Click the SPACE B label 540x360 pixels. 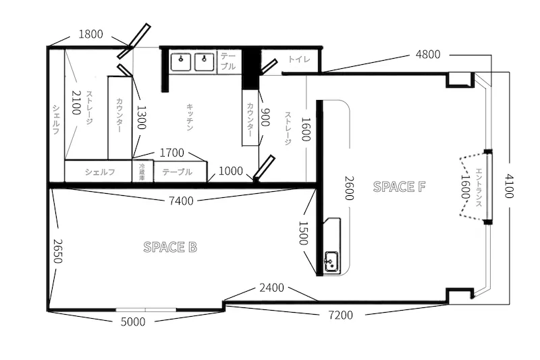click(x=170, y=247)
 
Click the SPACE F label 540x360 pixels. click(x=399, y=186)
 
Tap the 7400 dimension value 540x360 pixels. click(x=181, y=201)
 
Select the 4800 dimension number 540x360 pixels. click(x=428, y=54)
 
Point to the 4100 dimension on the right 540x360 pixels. click(x=509, y=186)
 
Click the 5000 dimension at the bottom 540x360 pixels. click(x=133, y=322)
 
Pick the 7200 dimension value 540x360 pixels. click(x=340, y=315)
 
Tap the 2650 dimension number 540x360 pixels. click(x=57, y=251)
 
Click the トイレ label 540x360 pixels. click(x=299, y=59)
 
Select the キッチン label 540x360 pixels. click(x=190, y=117)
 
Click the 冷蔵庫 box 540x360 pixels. click(x=142, y=171)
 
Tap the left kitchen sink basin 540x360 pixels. click(x=181, y=62)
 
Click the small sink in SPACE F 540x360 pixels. click(x=331, y=261)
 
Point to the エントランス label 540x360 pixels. click(x=479, y=187)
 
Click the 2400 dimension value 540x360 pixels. click(x=272, y=287)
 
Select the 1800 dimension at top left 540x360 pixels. click(x=90, y=34)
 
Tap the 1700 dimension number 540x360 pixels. click(x=172, y=152)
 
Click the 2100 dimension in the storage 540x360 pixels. click(x=76, y=102)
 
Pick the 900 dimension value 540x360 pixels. click(x=265, y=117)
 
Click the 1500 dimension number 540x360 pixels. click(x=303, y=233)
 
